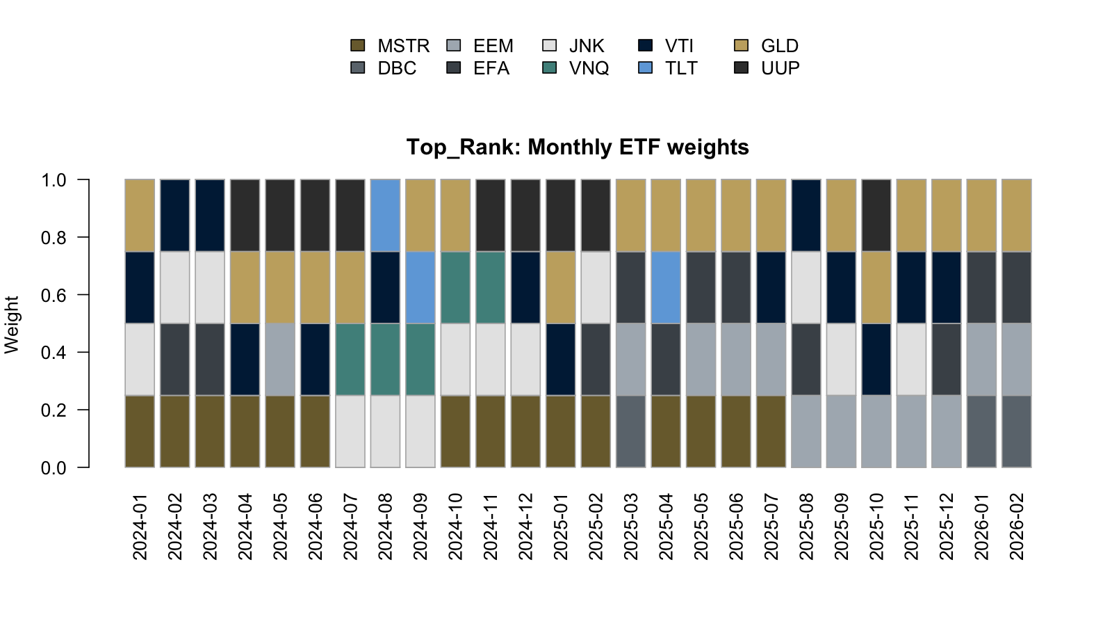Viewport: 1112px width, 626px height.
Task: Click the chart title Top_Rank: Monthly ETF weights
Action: click(x=578, y=147)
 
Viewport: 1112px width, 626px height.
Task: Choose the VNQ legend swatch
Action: click(x=550, y=68)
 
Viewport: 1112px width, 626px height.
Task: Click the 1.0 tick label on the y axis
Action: click(x=54, y=180)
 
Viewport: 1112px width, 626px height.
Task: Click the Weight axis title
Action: click(x=12, y=324)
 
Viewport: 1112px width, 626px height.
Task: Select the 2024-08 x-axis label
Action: click(x=386, y=527)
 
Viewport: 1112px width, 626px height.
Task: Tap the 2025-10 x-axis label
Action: click(x=876, y=527)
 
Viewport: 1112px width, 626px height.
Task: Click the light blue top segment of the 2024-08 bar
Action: click(x=386, y=215)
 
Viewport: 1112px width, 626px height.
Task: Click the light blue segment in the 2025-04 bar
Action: click(x=666, y=287)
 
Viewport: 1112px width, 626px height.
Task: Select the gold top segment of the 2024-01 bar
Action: click(x=140, y=215)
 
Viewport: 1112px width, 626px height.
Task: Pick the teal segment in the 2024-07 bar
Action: click(x=350, y=359)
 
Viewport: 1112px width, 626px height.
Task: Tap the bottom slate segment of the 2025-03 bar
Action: click(x=631, y=431)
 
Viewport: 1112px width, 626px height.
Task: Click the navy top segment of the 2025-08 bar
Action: click(x=806, y=215)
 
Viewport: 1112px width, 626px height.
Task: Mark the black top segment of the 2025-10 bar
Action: click(x=876, y=215)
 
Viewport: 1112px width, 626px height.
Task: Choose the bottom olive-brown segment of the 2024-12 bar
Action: click(x=525, y=431)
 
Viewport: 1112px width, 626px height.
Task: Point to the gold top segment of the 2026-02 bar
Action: click(x=1016, y=215)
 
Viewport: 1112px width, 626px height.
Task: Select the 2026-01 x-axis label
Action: click(x=981, y=527)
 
